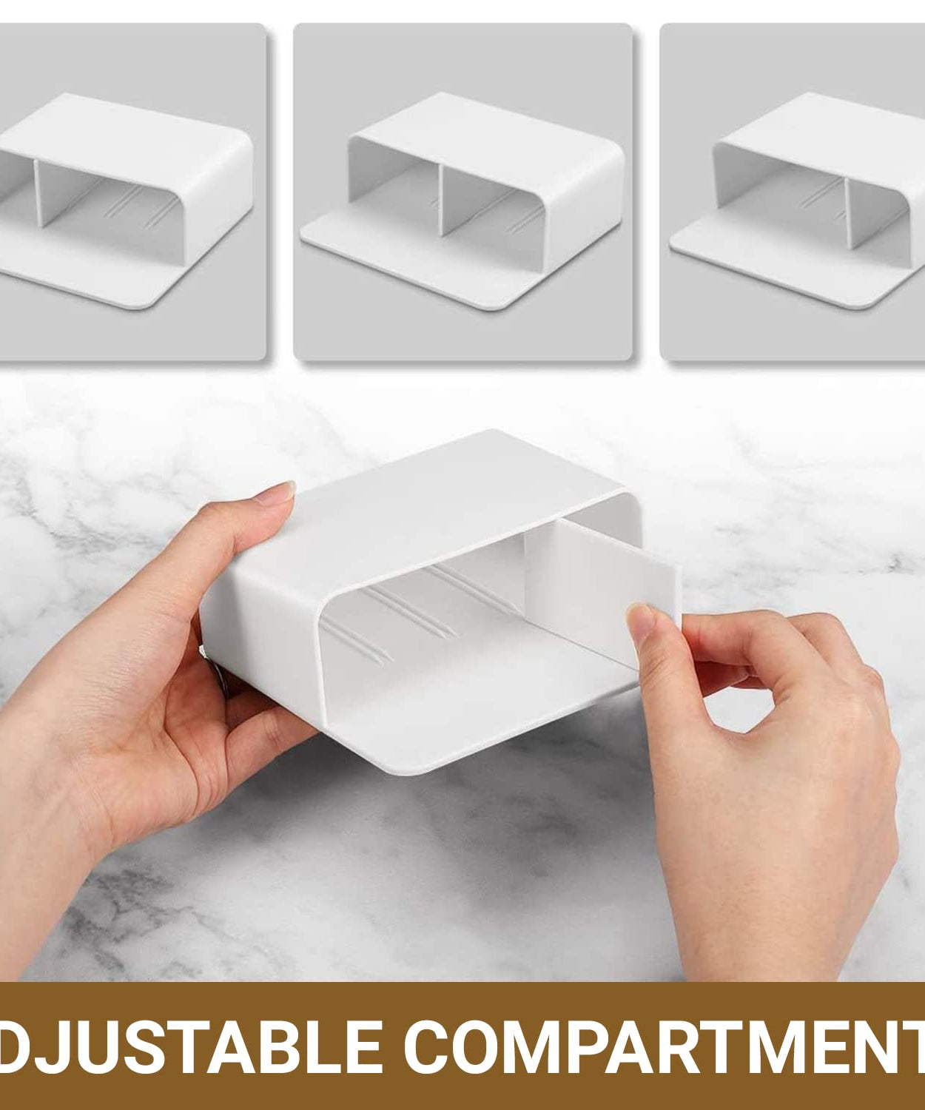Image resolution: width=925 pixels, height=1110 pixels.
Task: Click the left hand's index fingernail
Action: click(x=280, y=492)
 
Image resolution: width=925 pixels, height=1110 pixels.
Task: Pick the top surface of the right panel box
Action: click(x=830, y=127)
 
